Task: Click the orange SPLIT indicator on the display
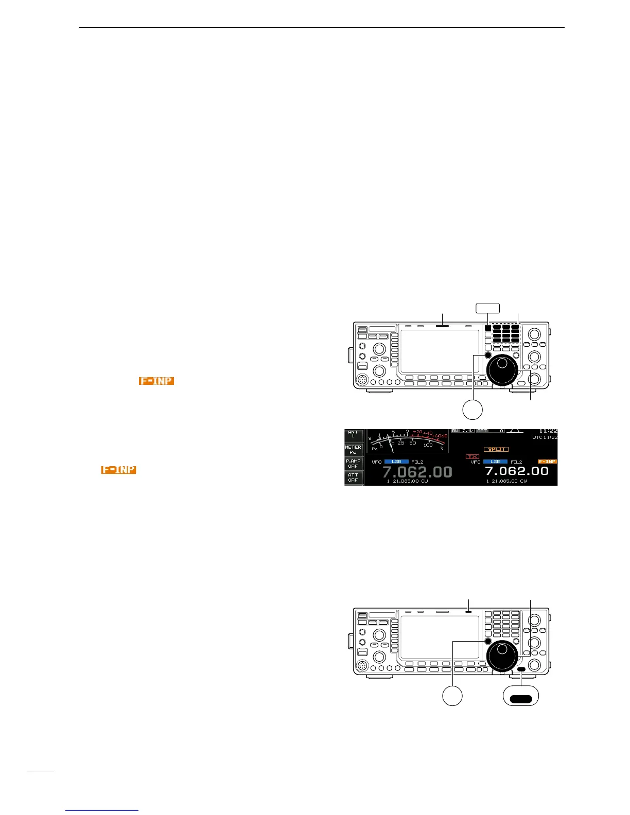pyautogui.click(x=496, y=449)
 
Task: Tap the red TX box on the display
pyautogui.click(x=472, y=456)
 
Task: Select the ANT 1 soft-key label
pyautogui.click(x=353, y=435)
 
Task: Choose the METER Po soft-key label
pyautogui.click(x=353, y=450)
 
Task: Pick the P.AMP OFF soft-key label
pyautogui.click(x=353, y=464)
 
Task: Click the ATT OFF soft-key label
pyautogui.click(x=353, y=477)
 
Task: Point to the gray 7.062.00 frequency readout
pyautogui.click(x=417, y=472)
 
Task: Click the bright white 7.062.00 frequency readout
pyautogui.click(x=516, y=471)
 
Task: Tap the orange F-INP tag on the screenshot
pyautogui.click(x=547, y=462)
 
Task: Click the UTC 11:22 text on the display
pyautogui.click(x=545, y=437)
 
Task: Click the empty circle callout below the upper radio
pyautogui.click(x=472, y=410)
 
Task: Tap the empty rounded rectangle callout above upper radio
pyautogui.click(x=487, y=308)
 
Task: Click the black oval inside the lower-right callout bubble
pyautogui.click(x=521, y=698)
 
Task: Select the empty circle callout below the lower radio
pyautogui.click(x=453, y=695)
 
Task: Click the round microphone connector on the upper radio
pyautogui.click(x=364, y=379)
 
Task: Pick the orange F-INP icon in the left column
pyautogui.click(x=118, y=470)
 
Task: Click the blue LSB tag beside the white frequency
pyautogui.click(x=495, y=462)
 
